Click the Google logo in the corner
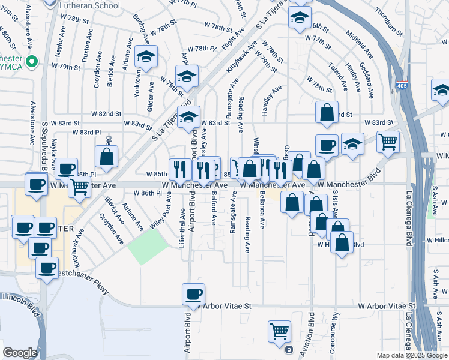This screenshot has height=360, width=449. click(20, 353)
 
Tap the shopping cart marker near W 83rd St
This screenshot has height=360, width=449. click(388, 142)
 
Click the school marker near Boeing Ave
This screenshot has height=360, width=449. click(145, 56)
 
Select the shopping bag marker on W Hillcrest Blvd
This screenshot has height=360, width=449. click(342, 244)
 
